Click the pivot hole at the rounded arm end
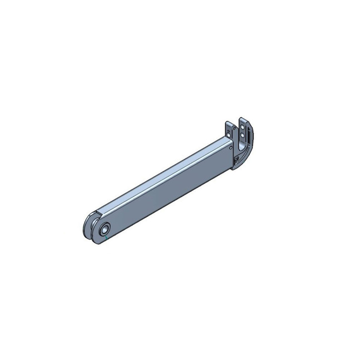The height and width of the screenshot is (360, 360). (x=105, y=231)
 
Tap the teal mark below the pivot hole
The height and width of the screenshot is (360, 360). (x=106, y=239)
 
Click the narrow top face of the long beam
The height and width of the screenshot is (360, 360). (x=164, y=173)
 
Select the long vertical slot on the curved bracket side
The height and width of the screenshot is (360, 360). (x=249, y=136)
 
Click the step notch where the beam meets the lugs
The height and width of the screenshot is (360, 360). (x=100, y=214)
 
